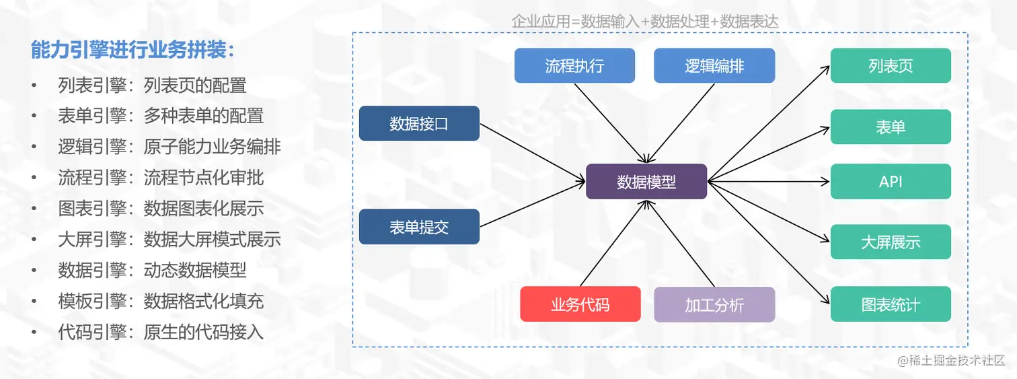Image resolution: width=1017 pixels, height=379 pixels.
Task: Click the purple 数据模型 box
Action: pos(646,182)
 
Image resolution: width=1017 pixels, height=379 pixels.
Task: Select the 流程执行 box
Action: pos(574,66)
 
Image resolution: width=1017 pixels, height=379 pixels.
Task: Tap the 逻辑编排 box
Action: pos(714,66)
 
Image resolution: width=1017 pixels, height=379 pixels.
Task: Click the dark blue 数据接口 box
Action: pos(419,124)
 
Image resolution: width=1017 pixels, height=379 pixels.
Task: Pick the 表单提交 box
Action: pos(419,227)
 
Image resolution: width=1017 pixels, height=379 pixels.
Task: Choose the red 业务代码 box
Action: pos(580,304)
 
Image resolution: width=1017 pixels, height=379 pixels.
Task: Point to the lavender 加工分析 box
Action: pos(714,304)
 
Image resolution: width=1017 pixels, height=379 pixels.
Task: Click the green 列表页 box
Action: pos(891,66)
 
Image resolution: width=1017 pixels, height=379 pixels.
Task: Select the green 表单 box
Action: pos(891,127)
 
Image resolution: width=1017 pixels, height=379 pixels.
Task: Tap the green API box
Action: pos(891,182)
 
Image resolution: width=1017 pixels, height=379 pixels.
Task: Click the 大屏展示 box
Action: pos(891,242)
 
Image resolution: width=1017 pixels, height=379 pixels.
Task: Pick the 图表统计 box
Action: pos(891,304)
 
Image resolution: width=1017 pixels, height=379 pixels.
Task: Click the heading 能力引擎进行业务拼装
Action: pos(133,49)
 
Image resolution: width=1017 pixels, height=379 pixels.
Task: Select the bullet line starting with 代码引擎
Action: pos(160,332)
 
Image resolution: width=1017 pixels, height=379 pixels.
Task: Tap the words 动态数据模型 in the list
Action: pos(195,271)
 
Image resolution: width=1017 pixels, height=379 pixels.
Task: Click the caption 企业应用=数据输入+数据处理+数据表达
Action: pos(644,22)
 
